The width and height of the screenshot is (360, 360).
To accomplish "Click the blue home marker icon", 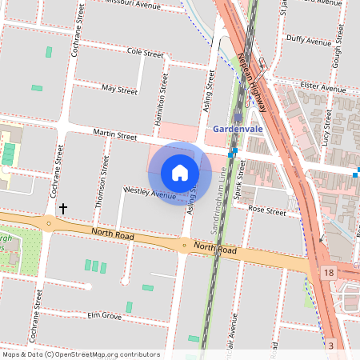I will [180, 173].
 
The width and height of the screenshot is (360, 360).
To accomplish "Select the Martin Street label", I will [114, 136].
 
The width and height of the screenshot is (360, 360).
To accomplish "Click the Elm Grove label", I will [104, 317].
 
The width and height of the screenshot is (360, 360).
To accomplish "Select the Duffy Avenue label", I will [309, 41].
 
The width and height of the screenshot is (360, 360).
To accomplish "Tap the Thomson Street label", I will [102, 182].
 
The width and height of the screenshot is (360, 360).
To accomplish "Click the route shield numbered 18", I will [329, 273].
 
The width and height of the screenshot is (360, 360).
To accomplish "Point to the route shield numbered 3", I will [330, 346].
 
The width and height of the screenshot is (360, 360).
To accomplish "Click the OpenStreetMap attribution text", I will [81, 354].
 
